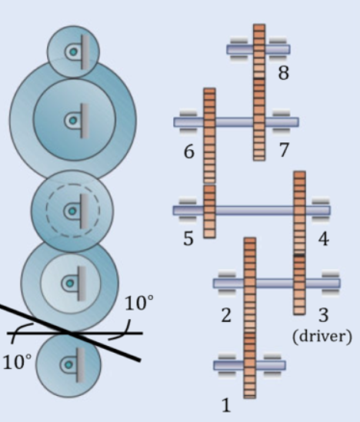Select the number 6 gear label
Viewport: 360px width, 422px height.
(x=188, y=151)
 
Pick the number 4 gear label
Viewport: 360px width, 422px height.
(x=323, y=239)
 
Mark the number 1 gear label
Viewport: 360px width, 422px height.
(x=226, y=404)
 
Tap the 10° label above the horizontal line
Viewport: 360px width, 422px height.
(x=138, y=302)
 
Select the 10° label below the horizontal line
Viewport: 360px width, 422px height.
(x=14, y=362)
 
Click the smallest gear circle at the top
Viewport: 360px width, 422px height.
(x=73, y=52)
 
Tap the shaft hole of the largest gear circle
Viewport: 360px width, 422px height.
(x=73, y=120)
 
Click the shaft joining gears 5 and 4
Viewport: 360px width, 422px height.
(x=254, y=210)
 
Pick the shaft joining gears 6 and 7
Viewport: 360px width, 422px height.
(x=235, y=121)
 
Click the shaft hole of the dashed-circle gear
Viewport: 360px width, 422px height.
(x=71, y=209)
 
